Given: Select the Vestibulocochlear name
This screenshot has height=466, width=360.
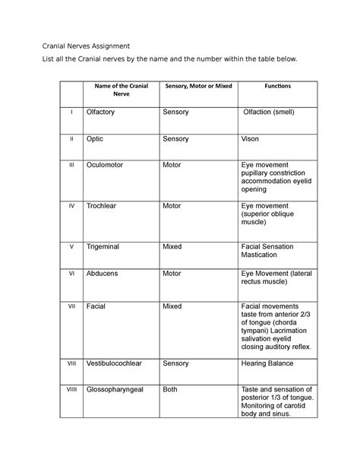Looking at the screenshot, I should tap(122, 364).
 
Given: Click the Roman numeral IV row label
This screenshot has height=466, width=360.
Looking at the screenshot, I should tap(71, 205).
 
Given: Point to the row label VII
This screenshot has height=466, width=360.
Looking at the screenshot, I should tap(71, 307).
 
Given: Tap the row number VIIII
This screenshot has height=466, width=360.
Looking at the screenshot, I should tap(71, 390).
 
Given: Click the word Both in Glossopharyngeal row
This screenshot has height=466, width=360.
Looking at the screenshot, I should tap(174, 390).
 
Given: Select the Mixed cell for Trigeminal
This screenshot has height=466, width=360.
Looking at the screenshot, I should tap(175, 246).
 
